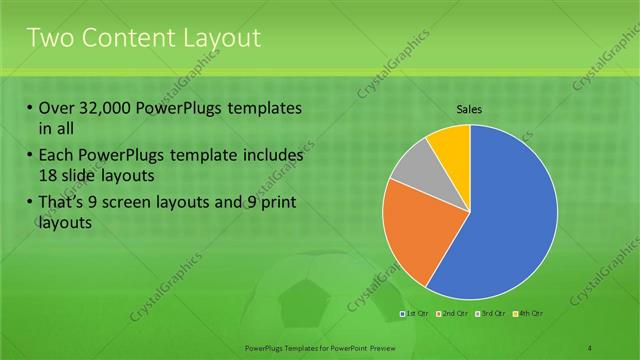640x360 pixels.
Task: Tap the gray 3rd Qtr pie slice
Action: [410, 165]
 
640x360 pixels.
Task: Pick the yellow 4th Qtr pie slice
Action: [450, 145]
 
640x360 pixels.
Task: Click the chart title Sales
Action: [470, 109]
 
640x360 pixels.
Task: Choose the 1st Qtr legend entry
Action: [415, 314]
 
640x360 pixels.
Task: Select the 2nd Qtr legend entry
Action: [453, 314]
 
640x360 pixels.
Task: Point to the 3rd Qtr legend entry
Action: [491, 314]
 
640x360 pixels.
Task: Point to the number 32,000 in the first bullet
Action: [105, 108]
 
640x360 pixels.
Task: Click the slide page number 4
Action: [590, 347]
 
